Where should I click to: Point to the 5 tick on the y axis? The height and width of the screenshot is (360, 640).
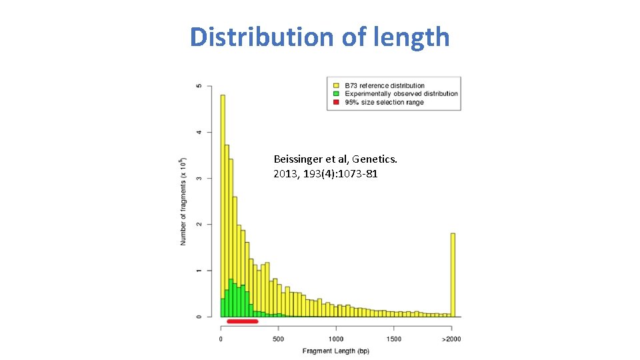click(197, 86)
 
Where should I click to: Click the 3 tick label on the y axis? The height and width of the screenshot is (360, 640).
click(197, 178)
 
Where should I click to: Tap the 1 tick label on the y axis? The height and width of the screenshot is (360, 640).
click(197, 270)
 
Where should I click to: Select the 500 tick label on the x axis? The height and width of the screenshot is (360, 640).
click(278, 339)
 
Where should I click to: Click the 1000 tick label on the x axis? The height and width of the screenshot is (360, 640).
click(335, 339)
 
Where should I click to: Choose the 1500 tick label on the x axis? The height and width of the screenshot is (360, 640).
click(393, 339)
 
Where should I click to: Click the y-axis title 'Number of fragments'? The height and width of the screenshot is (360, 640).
click(183, 201)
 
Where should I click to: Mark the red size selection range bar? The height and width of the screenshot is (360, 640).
click(242, 321)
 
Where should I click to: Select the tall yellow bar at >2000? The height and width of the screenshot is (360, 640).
click(453, 275)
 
